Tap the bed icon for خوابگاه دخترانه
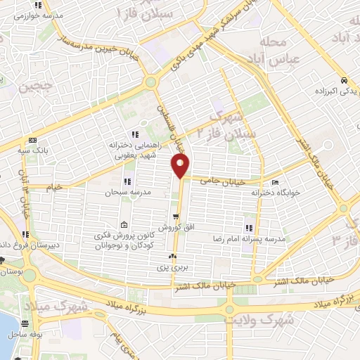[x=284, y=181]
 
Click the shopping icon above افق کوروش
[x=174, y=217]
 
